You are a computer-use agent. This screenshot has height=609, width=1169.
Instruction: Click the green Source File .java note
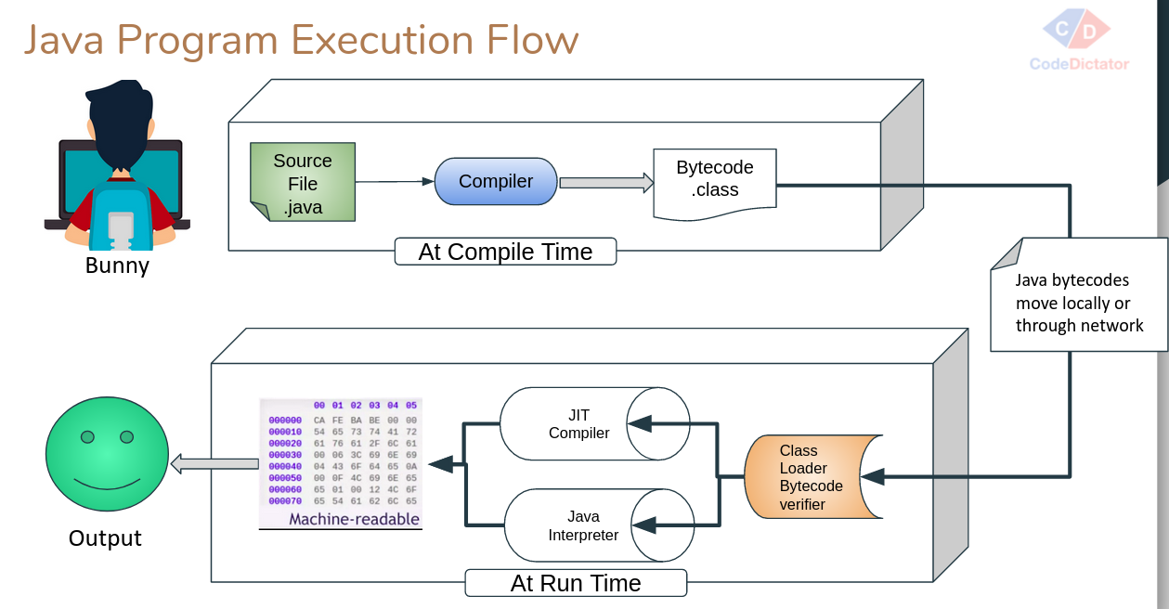pyautogui.click(x=303, y=183)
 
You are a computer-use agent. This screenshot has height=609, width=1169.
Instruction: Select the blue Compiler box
pyautogui.click(x=496, y=182)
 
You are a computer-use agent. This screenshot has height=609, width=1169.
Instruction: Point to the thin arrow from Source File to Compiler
pyautogui.click(x=395, y=182)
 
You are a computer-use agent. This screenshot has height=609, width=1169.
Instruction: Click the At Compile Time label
pyautogui.click(x=505, y=253)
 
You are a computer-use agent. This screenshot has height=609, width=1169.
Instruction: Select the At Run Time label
pyautogui.click(x=576, y=583)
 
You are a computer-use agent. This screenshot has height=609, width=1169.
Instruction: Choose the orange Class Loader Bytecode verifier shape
pyautogui.click(x=812, y=477)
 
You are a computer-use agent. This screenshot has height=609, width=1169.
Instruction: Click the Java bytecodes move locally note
pyautogui.click(x=1079, y=302)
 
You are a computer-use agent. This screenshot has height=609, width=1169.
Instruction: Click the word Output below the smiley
pyautogui.click(x=105, y=538)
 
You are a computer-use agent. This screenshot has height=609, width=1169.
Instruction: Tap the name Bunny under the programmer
pyautogui.click(x=117, y=266)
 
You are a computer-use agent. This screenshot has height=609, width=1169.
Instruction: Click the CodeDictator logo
pyautogui.click(x=1079, y=42)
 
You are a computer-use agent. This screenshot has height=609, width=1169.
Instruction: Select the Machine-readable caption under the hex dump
pyautogui.click(x=354, y=519)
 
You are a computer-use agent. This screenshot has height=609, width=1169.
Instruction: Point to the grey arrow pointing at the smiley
pyautogui.click(x=214, y=462)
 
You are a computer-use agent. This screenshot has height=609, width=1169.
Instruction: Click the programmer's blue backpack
pyautogui.click(x=121, y=218)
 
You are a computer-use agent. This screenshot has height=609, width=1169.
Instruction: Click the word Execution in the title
pyautogui.click(x=382, y=41)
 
